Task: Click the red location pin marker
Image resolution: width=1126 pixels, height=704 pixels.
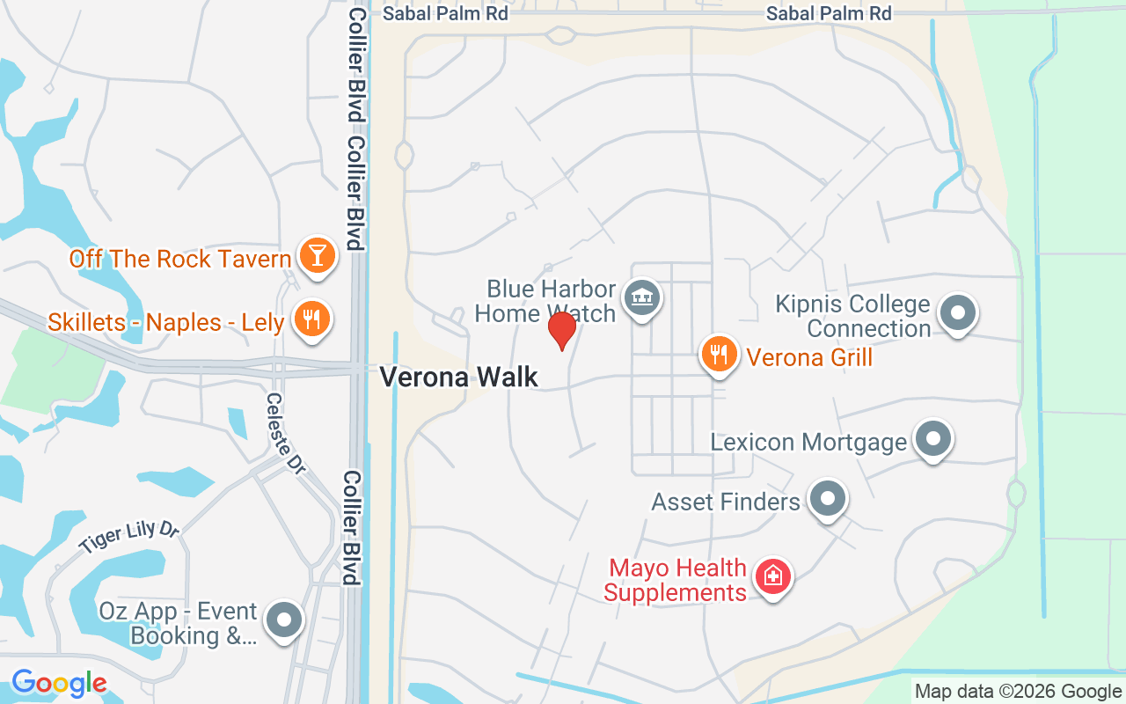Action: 561,330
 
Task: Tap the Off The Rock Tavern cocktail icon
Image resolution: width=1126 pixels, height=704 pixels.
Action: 316,255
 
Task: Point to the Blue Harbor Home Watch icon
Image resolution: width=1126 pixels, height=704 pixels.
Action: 641,297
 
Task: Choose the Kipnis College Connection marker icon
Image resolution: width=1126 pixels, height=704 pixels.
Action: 958,312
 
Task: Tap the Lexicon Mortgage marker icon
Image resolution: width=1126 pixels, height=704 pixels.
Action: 933,438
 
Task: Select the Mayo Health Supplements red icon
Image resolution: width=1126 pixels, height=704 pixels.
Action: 773,577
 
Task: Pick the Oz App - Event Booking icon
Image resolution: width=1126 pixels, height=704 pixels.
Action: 284,620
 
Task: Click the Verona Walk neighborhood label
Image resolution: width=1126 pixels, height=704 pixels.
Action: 458,378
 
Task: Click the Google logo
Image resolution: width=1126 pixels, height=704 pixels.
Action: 59,683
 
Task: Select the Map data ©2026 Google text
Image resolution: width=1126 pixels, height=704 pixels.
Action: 1018,692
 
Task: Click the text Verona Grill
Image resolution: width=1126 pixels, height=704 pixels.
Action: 809,357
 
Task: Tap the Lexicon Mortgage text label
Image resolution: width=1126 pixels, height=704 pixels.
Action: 808,442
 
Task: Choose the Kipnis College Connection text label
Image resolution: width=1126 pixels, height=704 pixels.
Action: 852,317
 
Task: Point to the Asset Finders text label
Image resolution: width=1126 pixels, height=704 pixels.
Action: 726,502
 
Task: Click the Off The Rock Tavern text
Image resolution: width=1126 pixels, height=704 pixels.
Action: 180,259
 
